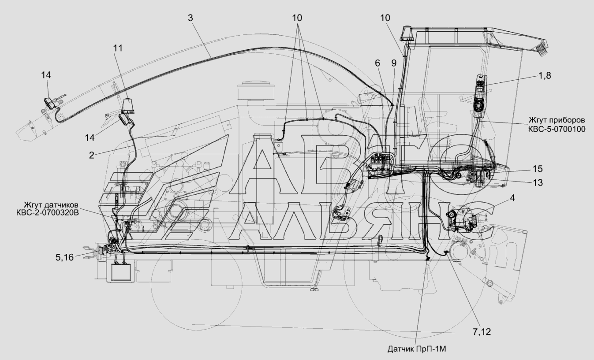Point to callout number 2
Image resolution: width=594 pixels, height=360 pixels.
pos(91,155)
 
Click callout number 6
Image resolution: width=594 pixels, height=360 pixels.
pos(377,63)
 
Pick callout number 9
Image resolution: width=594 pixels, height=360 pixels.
pos(393,63)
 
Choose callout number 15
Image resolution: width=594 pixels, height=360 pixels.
pos(538,168)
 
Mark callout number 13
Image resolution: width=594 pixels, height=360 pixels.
pos(538,182)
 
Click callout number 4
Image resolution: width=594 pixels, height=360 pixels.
pos(512,198)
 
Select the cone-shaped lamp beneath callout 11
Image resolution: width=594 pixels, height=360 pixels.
pos(128,106)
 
